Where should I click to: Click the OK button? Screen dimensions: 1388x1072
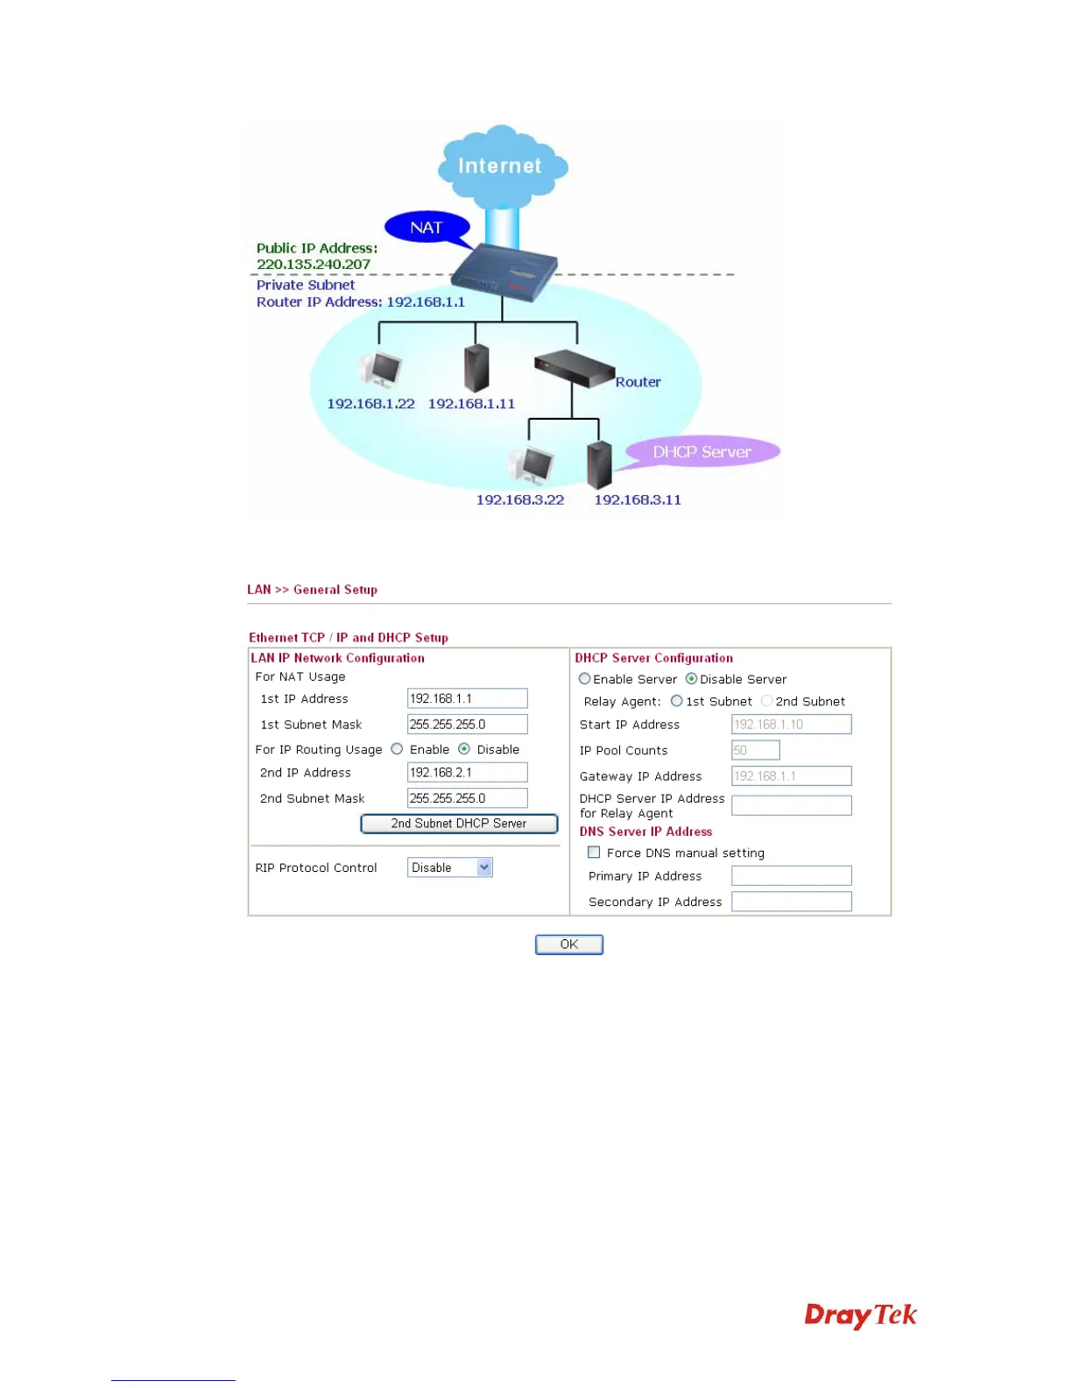pyautogui.click(x=568, y=944)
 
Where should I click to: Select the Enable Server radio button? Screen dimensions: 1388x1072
pyautogui.click(x=584, y=678)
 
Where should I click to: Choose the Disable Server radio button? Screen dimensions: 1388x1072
pyautogui.click(x=691, y=678)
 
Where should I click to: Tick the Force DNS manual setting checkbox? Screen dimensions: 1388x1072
pyautogui.click(x=594, y=852)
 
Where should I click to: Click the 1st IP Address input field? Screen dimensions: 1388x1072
pyautogui.click(x=467, y=698)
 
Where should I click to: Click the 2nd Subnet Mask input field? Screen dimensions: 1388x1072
pyautogui.click(x=467, y=798)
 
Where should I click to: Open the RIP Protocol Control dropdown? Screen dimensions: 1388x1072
pyautogui.click(x=450, y=867)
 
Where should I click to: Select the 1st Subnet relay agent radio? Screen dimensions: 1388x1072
pyautogui.click(x=676, y=701)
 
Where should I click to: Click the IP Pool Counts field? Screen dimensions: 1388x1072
pyautogui.click(x=755, y=750)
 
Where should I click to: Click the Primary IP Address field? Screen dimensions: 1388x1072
pyautogui.click(x=791, y=875)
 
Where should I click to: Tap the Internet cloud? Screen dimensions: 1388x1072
pyautogui.click(x=501, y=166)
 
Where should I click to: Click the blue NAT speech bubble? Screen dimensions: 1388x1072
pyautogui.click(x=427, y=228)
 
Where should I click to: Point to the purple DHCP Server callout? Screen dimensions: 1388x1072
pyautogui.click(x=702, y=452)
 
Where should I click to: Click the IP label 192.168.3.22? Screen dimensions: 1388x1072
pyautogui.click(x=519, y=499)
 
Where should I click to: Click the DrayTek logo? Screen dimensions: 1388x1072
pyautogui.click(x=860, y=1315)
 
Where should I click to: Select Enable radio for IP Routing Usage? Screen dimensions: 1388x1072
pyautogui.click(x=397, y=749)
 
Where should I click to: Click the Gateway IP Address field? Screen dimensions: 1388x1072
pyautogui.click(x=791, y=775)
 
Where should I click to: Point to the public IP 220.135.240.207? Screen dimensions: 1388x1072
pyautogui.click(x=314, y=265)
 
